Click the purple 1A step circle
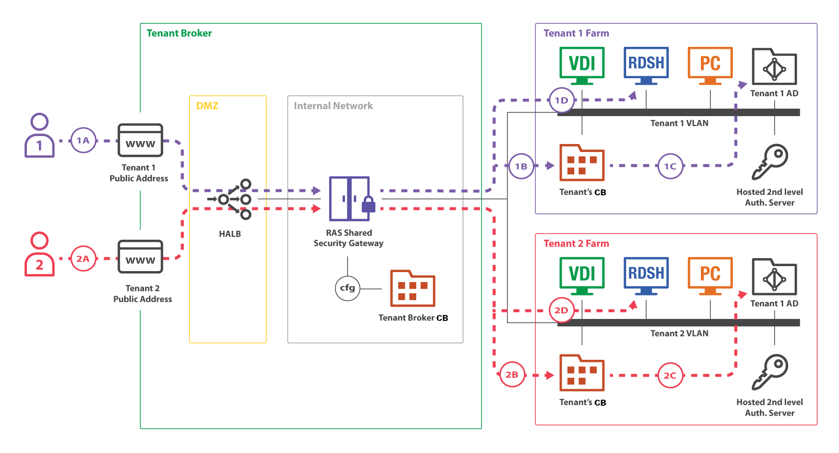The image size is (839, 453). click(x=83, y=140)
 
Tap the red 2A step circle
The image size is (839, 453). click(x=83, y=259)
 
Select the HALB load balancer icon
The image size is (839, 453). click(x=230, y=199)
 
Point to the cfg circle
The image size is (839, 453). click(x=347, y=288)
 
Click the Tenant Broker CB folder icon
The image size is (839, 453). click(x=412, y=289)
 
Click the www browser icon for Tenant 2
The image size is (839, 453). click(x=140, y=257)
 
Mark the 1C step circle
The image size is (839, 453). click(x=670, y=166)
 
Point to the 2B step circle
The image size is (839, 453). click(x=512, y=375)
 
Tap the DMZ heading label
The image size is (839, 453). click(x=207, y=106)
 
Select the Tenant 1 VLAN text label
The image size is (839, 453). click(x=679, y=123)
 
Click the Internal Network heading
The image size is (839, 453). click(x=333, y=106)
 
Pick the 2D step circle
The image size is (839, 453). click(x=561, y=310)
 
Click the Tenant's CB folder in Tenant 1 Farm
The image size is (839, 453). click(x=582, y=163)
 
